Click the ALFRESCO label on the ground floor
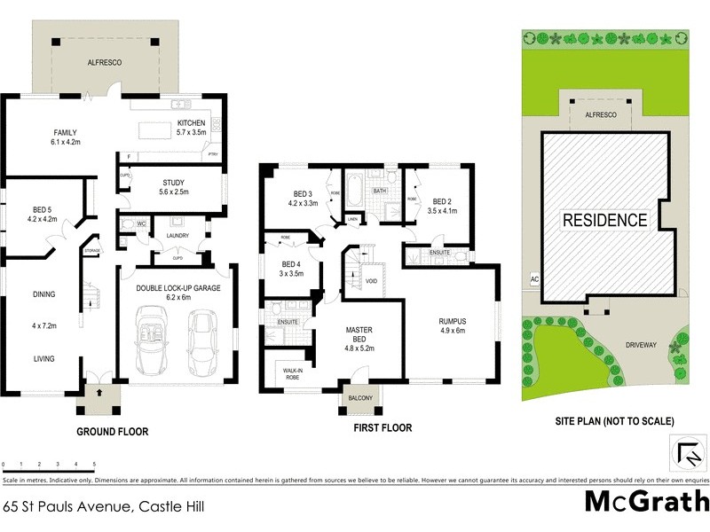[x=104, y=63]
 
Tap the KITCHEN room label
[x=192, y=123]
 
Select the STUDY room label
[x=173, y=182]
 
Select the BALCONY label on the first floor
[x=361, y=398]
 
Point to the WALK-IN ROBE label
[x=286, y=372]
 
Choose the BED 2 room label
[x=441, y=201]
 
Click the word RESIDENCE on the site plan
[x=603, y=219]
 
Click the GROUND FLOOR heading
[x=112, y=432]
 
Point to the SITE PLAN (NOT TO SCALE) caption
[x=614, y=421]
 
